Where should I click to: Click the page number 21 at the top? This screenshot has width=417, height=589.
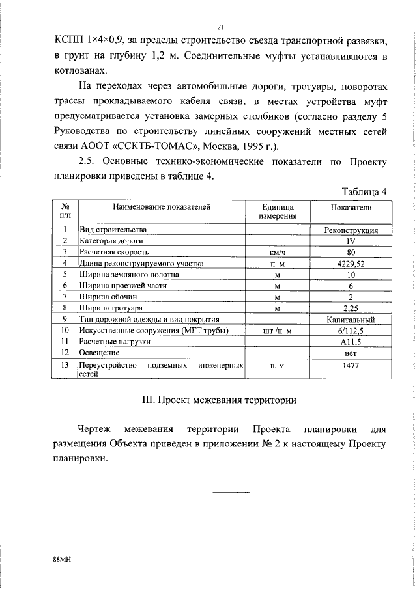pos(220,27)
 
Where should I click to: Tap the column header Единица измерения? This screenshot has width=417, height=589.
pos(278,212)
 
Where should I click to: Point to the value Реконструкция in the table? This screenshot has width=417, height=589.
pos(351,230)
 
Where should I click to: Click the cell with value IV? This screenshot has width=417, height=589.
pos(351,241)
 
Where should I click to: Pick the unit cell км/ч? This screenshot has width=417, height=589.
pos(278,252)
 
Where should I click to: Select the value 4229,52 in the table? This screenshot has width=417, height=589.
pos(351,263)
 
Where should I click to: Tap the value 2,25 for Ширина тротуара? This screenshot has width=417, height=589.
pos(351,308)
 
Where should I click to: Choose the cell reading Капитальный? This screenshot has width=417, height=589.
pos(351,319)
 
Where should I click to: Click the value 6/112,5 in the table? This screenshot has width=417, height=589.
pos(351,330)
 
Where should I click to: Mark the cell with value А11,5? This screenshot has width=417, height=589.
pos(351,341)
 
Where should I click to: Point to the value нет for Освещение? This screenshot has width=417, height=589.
pos(351,352)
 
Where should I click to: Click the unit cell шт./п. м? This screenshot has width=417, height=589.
pos(278,330)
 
